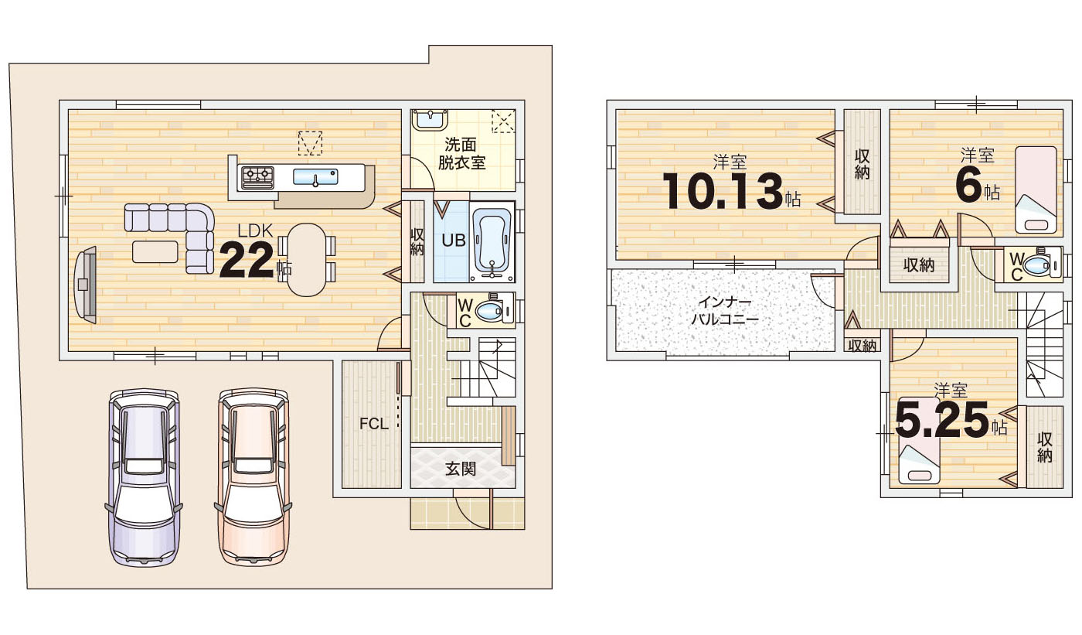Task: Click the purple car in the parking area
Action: pyautogui.click(x=143, y=477)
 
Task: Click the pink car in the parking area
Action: pyautogui.click(x=253, y=476)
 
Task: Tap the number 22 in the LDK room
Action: pyautogui.click(x=247, y=261)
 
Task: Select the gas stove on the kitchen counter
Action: pyautogui.click(x=257, y=176)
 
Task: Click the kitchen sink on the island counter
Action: pyautogui.click(x=315, y=177)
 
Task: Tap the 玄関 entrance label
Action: pyautogui.click(x=461, y=468)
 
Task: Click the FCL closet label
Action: pyautogui.click(x=373, y=424)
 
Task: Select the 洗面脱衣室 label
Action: pyautogui.click(x=461, y=154)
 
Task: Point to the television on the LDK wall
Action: pyautogui.click(x=85, y=285)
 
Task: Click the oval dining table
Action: pyautogui.click(x=306, y=260)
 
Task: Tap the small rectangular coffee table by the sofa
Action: pyautogui.click(x=155, y=252)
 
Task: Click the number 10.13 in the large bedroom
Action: pyautogui.click(x=722, y=191)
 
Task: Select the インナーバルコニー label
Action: pyautogui.click(x=725, y=311)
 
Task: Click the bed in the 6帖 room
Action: pyautogui.click(x=1036, y=190)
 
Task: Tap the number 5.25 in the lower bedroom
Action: pyautogui.click(x=942, y=420)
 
